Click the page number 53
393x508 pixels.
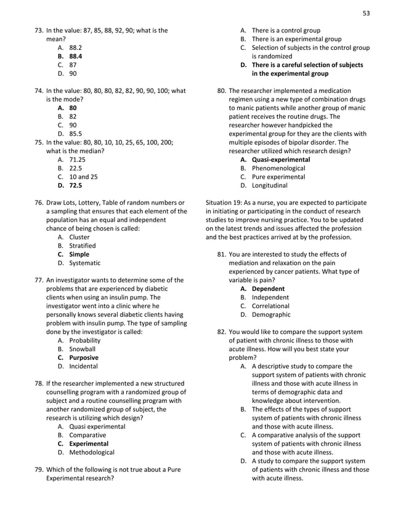click(366, 12)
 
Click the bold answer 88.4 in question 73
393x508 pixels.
click(76, 55)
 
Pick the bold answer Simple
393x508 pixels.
click(79, 254)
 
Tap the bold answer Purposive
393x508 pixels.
click(83, 357)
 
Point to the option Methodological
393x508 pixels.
click(91, 452)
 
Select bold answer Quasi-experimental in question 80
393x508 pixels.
click(280, 159)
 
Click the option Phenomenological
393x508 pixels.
click(278, 168)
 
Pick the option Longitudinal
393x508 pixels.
click(269, 185)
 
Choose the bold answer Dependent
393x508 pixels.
click(268, 288)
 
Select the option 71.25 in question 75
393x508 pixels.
click(77, 159)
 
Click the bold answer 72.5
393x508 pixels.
click(75, 185)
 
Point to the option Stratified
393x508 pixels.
click(82, 245)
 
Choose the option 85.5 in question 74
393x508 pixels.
click(75, 133)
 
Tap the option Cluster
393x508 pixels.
click(79, 237)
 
